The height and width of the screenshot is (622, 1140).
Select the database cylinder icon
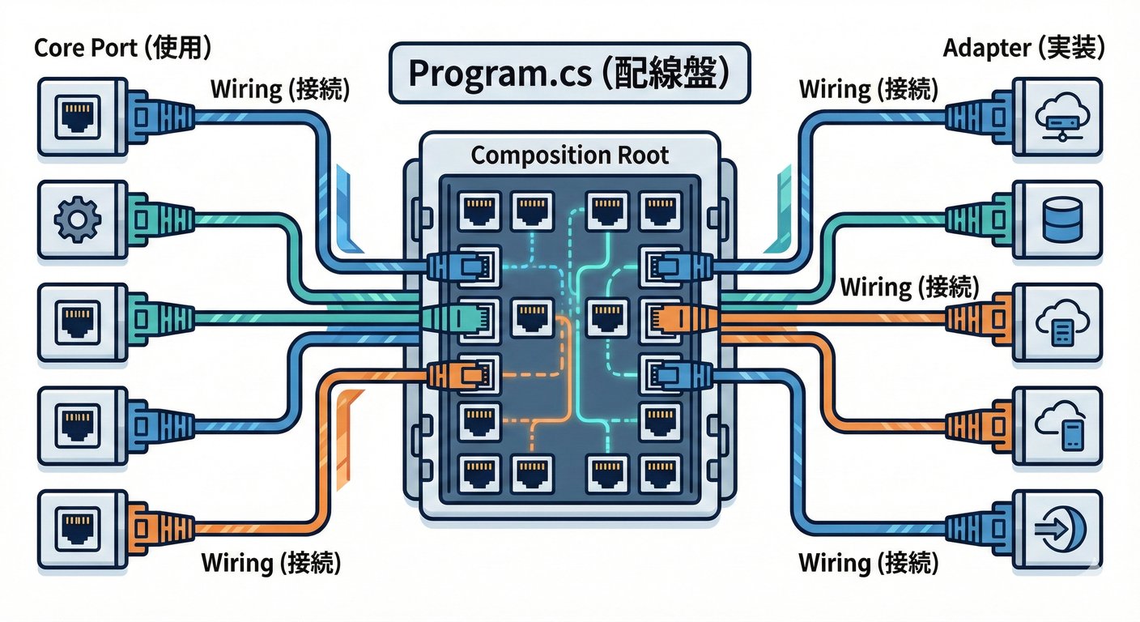pyautogui.click(x=1059, y=219)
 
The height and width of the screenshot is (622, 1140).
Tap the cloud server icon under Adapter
pyautogui.click(x=1059, y=115)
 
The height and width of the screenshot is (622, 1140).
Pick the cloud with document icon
pyautogui.click(x=1059, y=322)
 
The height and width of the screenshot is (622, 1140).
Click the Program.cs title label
pyautogui.click(x=568, y=73)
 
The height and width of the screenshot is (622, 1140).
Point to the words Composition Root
pyautogui.click(x=569, y=155)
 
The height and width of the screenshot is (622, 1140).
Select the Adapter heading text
pyautogui.click(x=1023, y=49)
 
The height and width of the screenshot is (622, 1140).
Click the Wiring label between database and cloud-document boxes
pyautogui.click(x=909, y=287)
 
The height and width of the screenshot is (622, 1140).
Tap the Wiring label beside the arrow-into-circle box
pyautogui.click(x=868, y=562)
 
